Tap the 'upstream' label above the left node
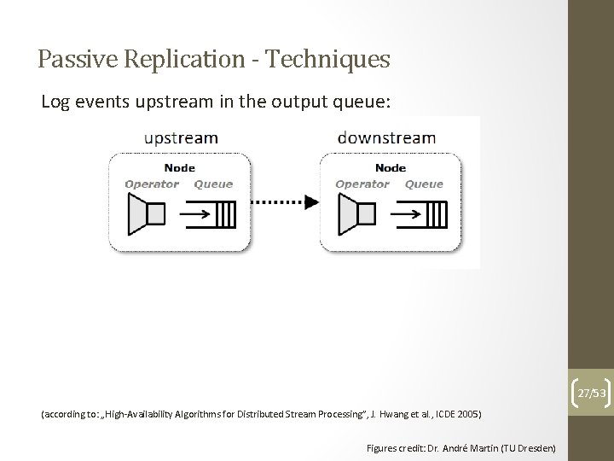pyautogui.click(x=181, y=137)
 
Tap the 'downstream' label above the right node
pyautogui.click(x=387, y=137)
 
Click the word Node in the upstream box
pyautogui.click(x=179, y=168)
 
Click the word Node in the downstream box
pyautogui.click(x=391, y=168)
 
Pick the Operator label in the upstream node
pyautogui.click(x=152, y=184)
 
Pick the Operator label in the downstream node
pyautogui.click(x=362, y=184)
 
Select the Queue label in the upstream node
pyautogui.click(x=213, y=184)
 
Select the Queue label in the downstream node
pyautogui.click(x=424, y=184)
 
